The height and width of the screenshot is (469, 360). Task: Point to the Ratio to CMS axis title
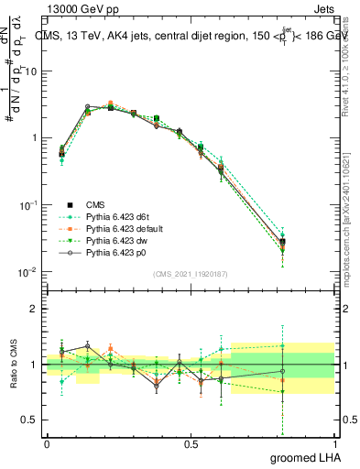coord(13,365)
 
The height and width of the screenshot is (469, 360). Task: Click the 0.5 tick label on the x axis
coord(191,443)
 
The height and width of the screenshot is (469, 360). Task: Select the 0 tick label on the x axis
coord(47,443)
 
